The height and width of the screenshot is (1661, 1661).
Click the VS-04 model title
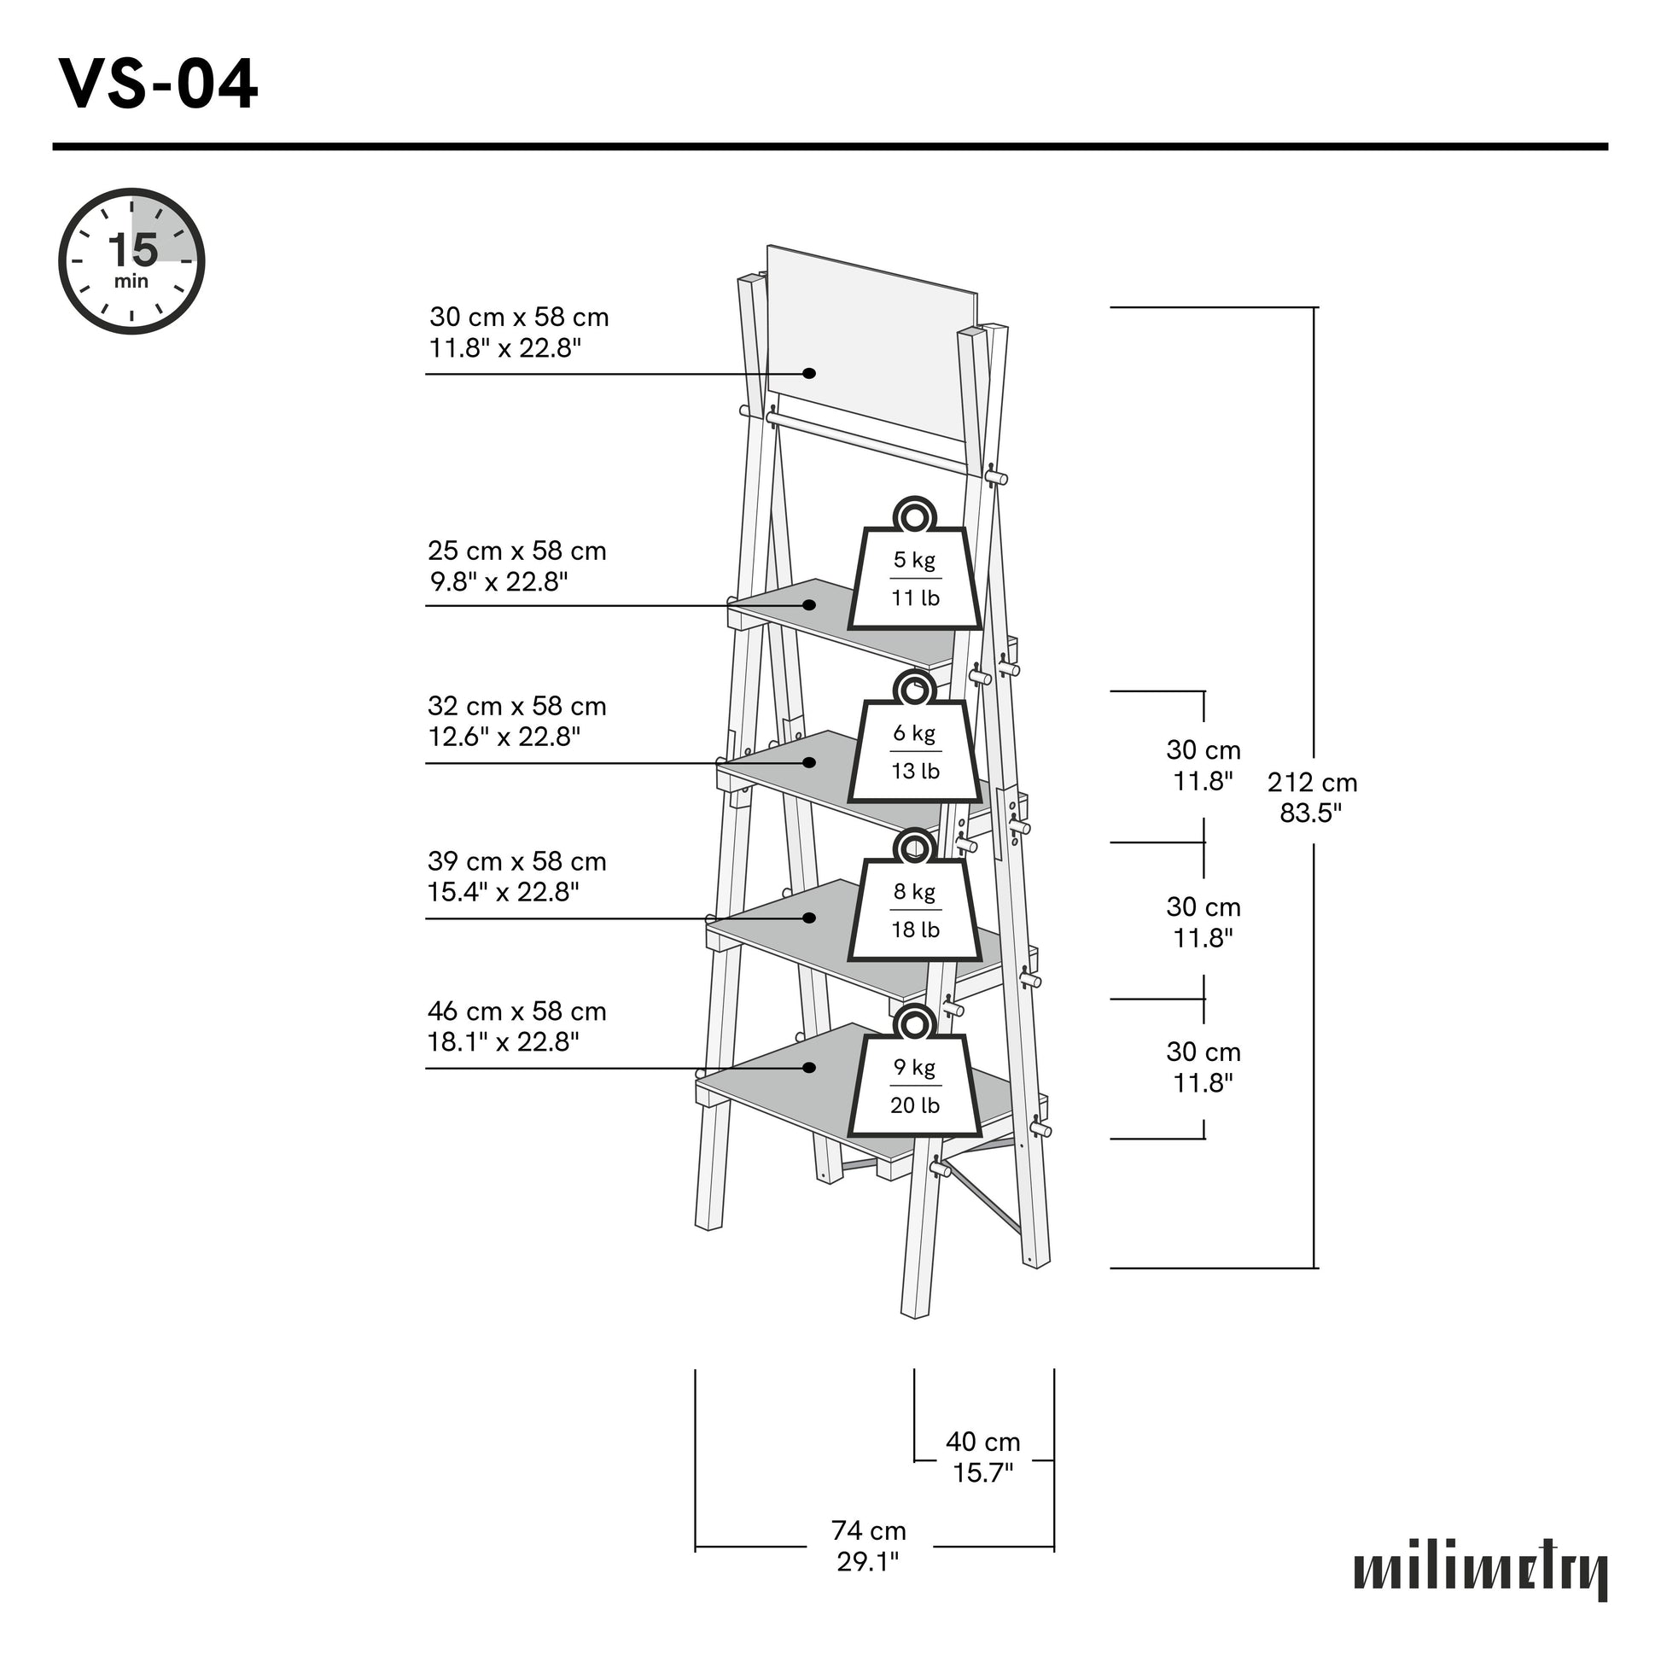click(158, 86)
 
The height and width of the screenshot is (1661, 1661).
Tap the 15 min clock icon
click(131, 261)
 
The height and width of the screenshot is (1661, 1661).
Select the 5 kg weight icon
click(915, 569)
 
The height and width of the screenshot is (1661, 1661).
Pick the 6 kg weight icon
click(915, 742)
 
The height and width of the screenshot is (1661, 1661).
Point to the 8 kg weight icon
click(915, 901)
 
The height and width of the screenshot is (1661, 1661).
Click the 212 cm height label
click(1312, 797)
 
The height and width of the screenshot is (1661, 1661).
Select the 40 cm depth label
click(982, 1456)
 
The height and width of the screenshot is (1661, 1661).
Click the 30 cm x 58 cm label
click(518, 333)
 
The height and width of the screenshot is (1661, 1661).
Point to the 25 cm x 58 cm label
click(516, 566)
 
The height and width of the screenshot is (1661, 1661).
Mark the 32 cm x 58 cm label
click(516, 721)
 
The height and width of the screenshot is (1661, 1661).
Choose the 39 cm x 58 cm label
click(516, 876)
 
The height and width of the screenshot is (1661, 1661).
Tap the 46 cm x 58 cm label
click(516, 1027)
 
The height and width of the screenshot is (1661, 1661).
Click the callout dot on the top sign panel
click(809, 373)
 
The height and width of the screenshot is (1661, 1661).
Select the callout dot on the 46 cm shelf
click(809, 1068)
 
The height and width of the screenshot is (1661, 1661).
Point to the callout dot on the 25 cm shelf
click(809, 605)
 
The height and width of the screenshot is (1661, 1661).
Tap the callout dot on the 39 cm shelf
click(809, 918)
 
